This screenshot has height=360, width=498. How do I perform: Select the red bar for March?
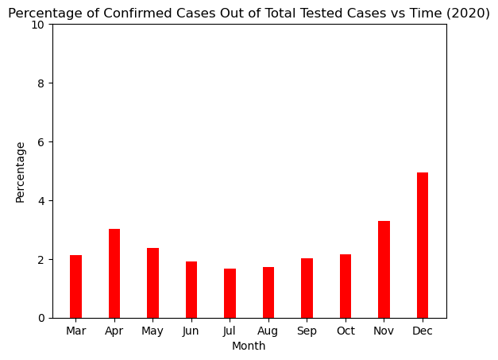click(x=76, y=286)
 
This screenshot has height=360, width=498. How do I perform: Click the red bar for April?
click(x=114, y=273)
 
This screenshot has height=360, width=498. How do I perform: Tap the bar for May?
click(x=152, y=283)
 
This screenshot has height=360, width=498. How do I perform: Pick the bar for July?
click(x=230, y=293)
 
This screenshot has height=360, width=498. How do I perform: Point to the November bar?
click(x=384, y=269)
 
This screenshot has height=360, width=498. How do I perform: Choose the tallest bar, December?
click(x=423, y=246)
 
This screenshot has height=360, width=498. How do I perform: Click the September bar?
click(x=307, y=288)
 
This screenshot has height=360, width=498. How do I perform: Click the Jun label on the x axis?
click(x=191, y=331)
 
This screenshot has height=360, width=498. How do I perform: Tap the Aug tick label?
click(x=268, y=331)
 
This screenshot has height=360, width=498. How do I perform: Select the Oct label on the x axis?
click(x=346, y=331)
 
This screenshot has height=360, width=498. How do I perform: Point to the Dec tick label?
click(x=423, y=331)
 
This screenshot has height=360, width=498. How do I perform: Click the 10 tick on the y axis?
click(x=37, y=25)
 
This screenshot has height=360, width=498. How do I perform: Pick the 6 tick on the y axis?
click(x=41, y=142)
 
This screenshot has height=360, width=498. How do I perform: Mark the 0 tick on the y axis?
click(x=41, y=318)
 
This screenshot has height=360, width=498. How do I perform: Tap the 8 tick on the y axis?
click(x=41, y=83)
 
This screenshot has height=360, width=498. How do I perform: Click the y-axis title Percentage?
click(x=20, y=172)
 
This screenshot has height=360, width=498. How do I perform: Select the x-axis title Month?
click(x=249, y=346)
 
